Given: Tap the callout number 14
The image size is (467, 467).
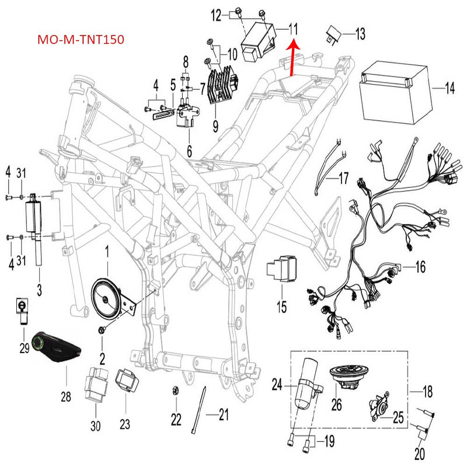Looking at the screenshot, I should (x=448, y=89).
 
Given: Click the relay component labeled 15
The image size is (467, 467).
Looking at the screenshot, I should (x=280, y=270).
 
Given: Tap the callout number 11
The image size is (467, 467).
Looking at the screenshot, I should (x=292, y=28).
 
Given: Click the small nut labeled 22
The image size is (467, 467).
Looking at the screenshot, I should (x=175, y=391).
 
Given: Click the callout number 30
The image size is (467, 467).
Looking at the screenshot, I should (x=95, y=426).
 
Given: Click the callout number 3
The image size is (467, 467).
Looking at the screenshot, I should (x=40, y=289).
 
